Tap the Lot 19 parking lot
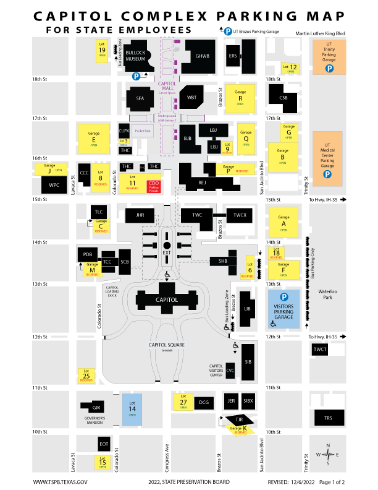102,50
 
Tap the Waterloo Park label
328,294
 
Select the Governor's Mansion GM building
96,408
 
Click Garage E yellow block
94,137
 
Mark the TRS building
328,418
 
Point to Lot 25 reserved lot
86,375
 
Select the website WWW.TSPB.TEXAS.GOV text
61,481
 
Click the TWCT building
320,350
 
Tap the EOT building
104,443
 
